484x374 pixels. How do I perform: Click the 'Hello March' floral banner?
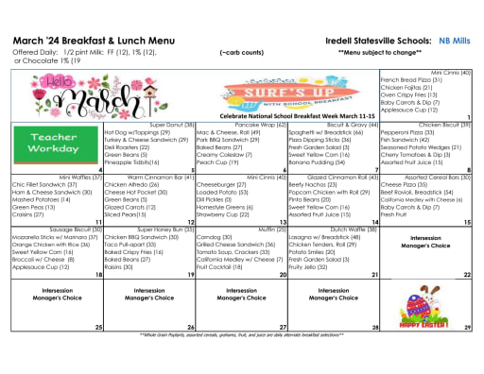tap(57, 97)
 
